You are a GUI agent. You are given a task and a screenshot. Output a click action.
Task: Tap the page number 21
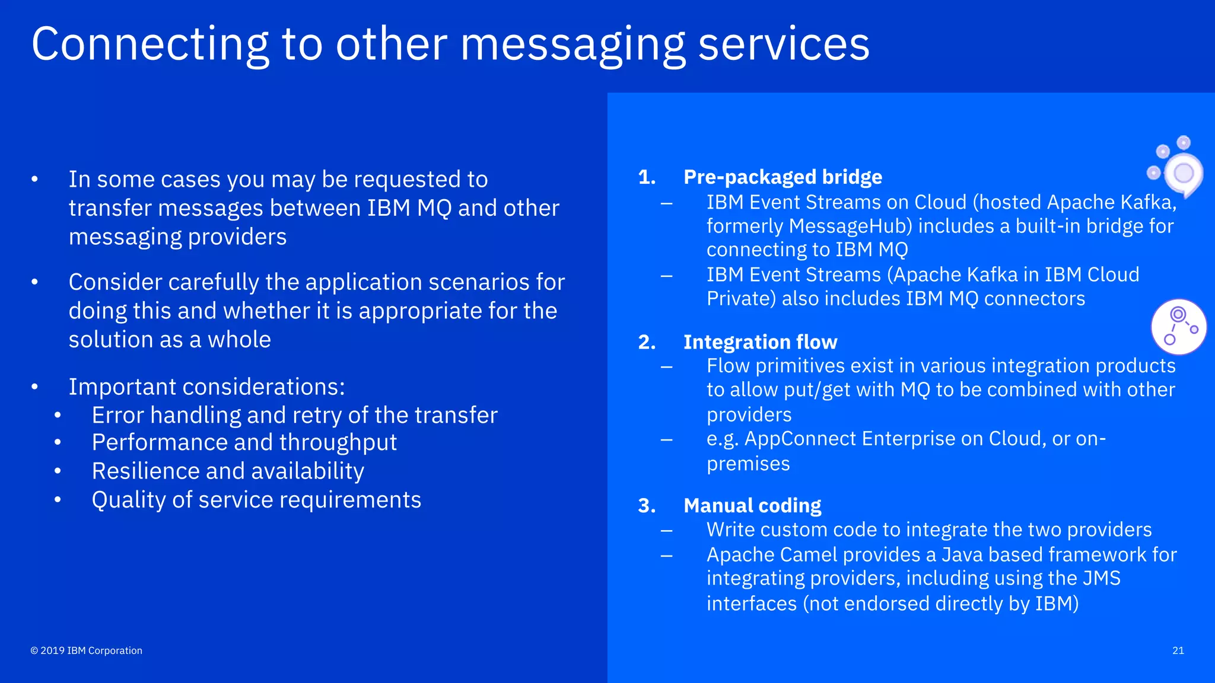1178,650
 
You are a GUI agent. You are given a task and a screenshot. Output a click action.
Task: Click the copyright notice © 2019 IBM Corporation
87,650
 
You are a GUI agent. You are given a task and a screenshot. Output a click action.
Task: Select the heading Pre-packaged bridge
783,177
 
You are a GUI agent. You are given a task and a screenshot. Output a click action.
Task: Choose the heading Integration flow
760,342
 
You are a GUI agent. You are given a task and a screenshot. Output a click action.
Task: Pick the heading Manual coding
752,506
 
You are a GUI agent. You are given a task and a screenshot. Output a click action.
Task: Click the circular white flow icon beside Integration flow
1179,327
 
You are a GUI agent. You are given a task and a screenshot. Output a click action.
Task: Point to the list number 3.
647,506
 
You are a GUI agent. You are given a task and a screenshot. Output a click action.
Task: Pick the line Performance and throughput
244,442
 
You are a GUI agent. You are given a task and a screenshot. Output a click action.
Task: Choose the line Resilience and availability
228,471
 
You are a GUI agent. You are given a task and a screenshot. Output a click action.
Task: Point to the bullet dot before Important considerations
35,387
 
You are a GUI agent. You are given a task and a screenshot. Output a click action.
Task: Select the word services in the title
783,44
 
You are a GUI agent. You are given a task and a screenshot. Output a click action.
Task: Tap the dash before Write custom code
667,530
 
